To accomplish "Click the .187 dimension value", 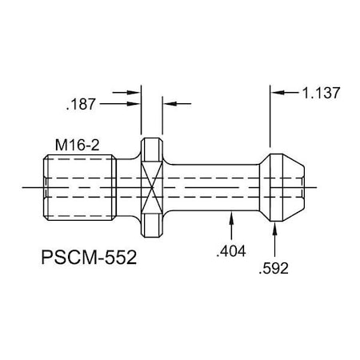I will click(82, 103).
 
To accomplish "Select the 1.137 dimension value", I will click(322, 93).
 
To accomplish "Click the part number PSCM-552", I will click(87, 258).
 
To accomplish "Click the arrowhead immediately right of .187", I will click(134, 103).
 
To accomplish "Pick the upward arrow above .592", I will click(276, 230).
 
